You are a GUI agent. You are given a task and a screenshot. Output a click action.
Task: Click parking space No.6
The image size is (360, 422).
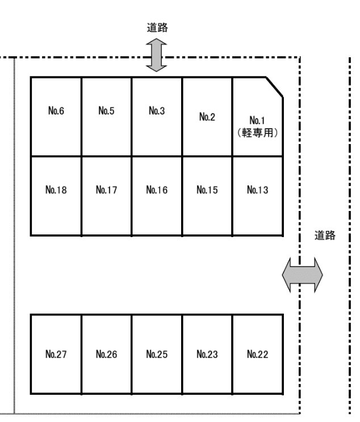56,116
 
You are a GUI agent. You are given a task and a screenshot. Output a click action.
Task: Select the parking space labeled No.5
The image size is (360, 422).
106,116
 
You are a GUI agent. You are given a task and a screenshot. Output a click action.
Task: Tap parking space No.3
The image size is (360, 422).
157,116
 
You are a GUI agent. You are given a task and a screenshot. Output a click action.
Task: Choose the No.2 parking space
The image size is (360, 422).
207,116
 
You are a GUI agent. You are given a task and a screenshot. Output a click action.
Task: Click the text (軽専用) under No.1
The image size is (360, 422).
257,133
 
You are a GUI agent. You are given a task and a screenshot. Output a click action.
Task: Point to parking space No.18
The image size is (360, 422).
56,196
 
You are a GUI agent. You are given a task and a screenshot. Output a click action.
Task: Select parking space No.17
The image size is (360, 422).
106,196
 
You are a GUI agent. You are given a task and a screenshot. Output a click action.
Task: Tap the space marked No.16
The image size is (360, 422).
157,196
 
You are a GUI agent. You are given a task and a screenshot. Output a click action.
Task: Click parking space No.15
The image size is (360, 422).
207,196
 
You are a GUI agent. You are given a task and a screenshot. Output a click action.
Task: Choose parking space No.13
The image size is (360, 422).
258,196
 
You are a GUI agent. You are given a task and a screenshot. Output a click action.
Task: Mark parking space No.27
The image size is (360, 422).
56,354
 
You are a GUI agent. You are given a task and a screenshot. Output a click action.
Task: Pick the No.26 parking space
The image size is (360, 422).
106,354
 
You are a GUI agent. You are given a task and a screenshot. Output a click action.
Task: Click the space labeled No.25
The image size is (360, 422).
157,354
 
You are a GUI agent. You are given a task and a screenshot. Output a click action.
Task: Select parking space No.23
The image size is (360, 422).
207,354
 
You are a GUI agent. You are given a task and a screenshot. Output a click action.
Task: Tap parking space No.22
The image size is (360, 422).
258,354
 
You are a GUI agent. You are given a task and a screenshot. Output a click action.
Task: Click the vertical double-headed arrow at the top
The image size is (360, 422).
156,55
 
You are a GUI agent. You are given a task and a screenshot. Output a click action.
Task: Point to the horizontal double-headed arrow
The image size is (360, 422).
302,275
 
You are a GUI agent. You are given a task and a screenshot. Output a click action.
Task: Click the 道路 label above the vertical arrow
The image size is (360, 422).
157,27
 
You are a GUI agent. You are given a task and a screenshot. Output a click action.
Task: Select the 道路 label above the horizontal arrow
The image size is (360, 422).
325,235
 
